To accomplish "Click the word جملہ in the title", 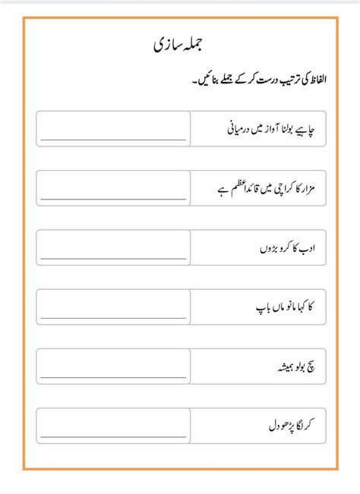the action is coord(197,46).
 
